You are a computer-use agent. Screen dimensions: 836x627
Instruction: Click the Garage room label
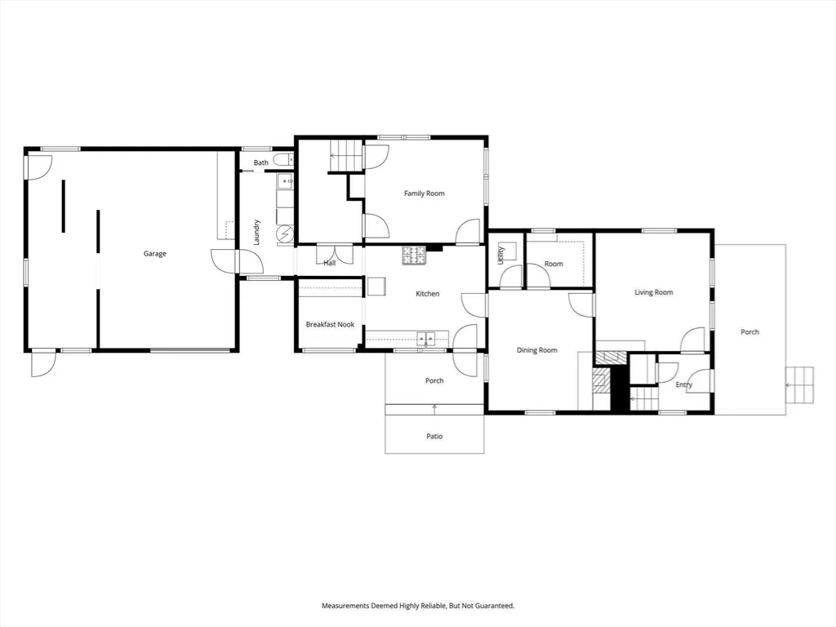coord(154,254)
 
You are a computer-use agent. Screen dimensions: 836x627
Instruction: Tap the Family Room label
coord(424,193)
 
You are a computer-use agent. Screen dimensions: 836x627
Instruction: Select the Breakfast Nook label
coord(330,324)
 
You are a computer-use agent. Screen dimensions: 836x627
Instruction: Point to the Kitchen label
coord(428,294)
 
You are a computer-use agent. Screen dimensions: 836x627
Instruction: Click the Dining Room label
coord(537,350)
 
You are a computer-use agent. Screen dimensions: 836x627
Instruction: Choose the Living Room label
coord(654,292)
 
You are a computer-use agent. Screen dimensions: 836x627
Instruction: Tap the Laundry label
coord(256,233)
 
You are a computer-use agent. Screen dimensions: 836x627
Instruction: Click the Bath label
coord(260,162)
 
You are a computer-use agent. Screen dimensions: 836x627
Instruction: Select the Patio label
coord(434,436)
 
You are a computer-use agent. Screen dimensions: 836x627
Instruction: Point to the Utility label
coord(500,256)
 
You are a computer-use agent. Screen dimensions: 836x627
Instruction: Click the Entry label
coord(684,385)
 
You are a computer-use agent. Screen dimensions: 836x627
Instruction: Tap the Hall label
coord(330,263)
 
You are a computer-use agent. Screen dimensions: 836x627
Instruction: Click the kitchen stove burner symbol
coord(414,256)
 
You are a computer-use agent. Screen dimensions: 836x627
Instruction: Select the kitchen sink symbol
coord(425,338)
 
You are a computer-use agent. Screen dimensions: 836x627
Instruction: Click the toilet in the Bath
coord(283,159)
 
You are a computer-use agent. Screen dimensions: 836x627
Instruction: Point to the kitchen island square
coord(376,286)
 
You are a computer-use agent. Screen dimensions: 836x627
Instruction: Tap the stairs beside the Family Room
coord(345,156)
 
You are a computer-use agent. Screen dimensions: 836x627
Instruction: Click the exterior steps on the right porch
coord(800,385)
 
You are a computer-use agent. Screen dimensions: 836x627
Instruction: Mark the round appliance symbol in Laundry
coord(286,233)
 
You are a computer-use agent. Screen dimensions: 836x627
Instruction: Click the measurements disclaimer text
coord(418,606)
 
